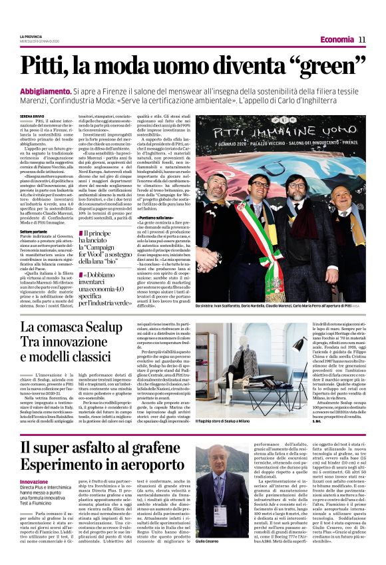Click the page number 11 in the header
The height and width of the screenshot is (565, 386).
(362, 39)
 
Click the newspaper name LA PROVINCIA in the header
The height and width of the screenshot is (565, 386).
(33, 36)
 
